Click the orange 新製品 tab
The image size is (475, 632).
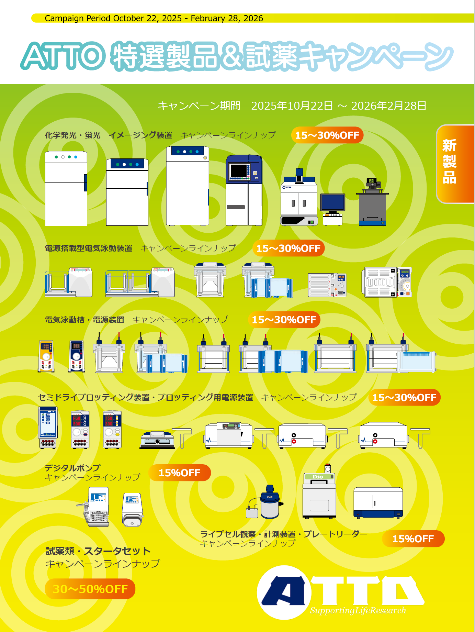(x=455, y=164)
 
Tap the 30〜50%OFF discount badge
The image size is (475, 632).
(x=90, y=589)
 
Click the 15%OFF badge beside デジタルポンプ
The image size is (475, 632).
(x=179, y=473)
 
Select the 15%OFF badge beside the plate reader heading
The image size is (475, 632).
(x=413, y=539)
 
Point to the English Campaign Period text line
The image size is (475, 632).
(x=154, y=18)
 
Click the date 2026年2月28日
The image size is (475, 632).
(x=389, y=106)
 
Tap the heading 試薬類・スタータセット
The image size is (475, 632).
(x=98, y=551)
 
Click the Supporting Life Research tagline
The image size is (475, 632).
(x=358, y=610)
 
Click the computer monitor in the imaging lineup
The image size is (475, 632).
(x=332, y=203)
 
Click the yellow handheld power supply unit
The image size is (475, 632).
(x=46, y=356)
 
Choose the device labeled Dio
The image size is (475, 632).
(x=319, y=495)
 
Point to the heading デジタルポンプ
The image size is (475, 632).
(x=72, y=468)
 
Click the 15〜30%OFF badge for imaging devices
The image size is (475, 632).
(x=327, y=135)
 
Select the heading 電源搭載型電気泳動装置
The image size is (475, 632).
(x=89, y=248)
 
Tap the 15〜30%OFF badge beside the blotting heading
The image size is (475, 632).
(x=404, y=398)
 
